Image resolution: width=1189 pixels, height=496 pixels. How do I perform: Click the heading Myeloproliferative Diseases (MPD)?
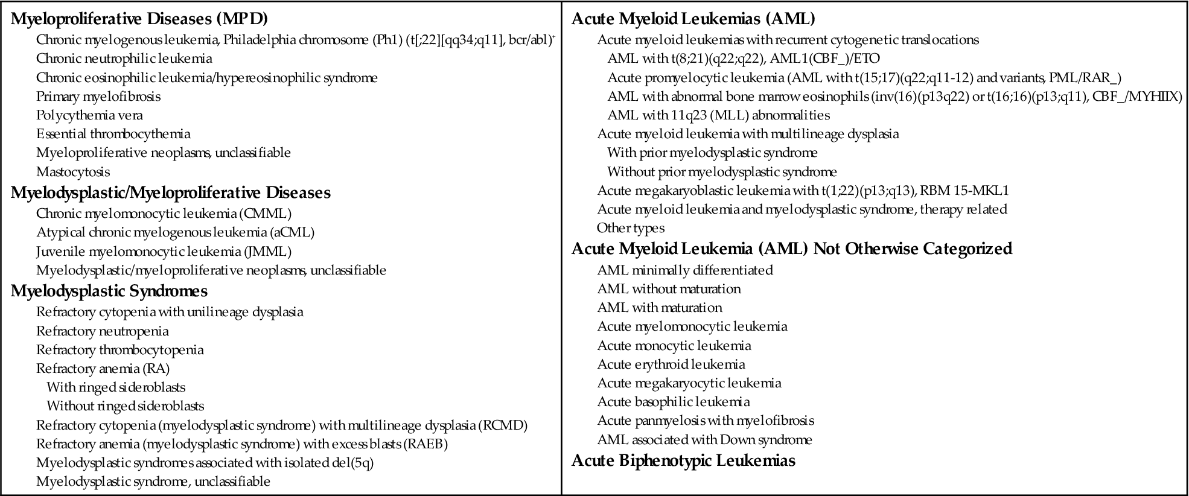[139, 19]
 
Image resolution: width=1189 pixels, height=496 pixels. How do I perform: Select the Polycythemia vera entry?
[89, 115]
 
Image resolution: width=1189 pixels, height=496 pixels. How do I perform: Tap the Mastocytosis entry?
[73, 172]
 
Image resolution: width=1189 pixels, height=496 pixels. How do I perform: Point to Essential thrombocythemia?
[113, 134]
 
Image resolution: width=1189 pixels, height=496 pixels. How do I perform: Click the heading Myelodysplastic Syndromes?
[109, 291]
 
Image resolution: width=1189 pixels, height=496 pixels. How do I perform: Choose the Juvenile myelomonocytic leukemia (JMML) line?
[164, 252]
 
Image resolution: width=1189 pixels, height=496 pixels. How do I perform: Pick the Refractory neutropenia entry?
[102, 331]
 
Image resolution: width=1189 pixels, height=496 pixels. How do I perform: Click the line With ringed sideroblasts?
[116, 387]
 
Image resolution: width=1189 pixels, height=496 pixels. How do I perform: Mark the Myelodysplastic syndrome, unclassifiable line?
[153, 482]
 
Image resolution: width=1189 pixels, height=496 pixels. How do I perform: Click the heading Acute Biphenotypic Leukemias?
[683, 461]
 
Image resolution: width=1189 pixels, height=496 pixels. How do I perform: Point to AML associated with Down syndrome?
[704, 440]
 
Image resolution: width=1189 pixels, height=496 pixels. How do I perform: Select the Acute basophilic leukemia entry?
[674, 402]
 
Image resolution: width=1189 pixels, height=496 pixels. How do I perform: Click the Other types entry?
[630, 228]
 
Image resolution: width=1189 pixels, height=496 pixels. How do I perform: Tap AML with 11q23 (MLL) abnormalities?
[718, 115]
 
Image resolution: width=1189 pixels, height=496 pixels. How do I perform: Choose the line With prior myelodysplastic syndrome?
[712, 153]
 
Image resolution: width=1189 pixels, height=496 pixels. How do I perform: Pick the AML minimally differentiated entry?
[685, 270]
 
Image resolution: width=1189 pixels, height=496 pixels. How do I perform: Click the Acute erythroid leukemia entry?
[671, 364]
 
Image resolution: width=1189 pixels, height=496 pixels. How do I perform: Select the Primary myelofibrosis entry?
[98, 97]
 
